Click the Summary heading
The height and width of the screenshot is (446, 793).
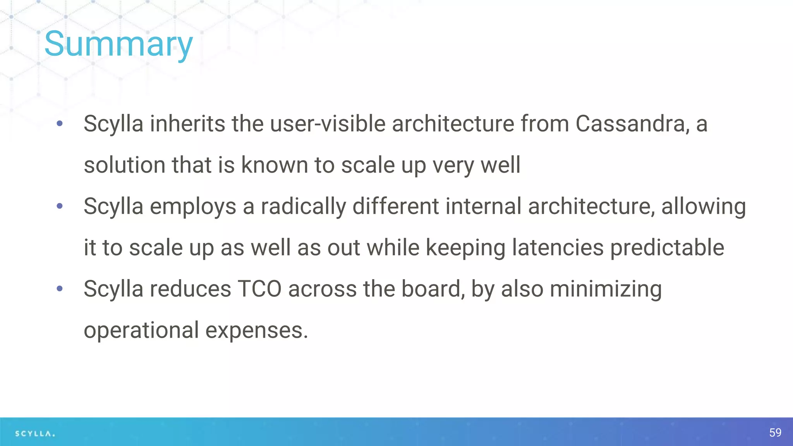(x=118, y=44)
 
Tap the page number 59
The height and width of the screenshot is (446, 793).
(x=775, y=432)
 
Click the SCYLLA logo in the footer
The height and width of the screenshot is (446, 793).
(x=35, y=434)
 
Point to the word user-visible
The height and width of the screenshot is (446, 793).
(x=328, y=124)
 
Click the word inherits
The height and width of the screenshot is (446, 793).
(x=187, y=124)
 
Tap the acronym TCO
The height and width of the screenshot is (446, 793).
(x=259, y=289)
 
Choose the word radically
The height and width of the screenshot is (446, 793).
(x=303, y=206)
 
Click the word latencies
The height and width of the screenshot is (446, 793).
(x=558, y=248)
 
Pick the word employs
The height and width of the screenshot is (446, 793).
(x=193, y=206)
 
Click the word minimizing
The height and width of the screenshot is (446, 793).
(x=606, y=289)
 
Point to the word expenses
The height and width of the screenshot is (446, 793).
(x=256, y=330)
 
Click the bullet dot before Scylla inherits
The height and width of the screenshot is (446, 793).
(x=60, y=124)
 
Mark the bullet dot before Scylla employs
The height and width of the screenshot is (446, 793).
(x=60, y=206)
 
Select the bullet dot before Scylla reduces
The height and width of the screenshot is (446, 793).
(x=60, y=289)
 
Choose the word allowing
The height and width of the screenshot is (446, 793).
(x=703, y=206)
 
